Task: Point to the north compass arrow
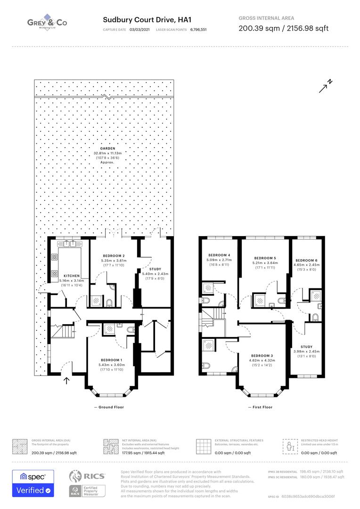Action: click(326, 86)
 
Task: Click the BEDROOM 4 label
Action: click(219, 255)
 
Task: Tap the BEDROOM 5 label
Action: click(265, 258)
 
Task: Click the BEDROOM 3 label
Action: click(262, 355)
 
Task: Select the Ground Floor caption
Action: click(109, 407)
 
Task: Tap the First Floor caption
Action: click(261, 407)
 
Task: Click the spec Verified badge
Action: click(33, 483)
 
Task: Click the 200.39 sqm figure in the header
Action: click(255, 28)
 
